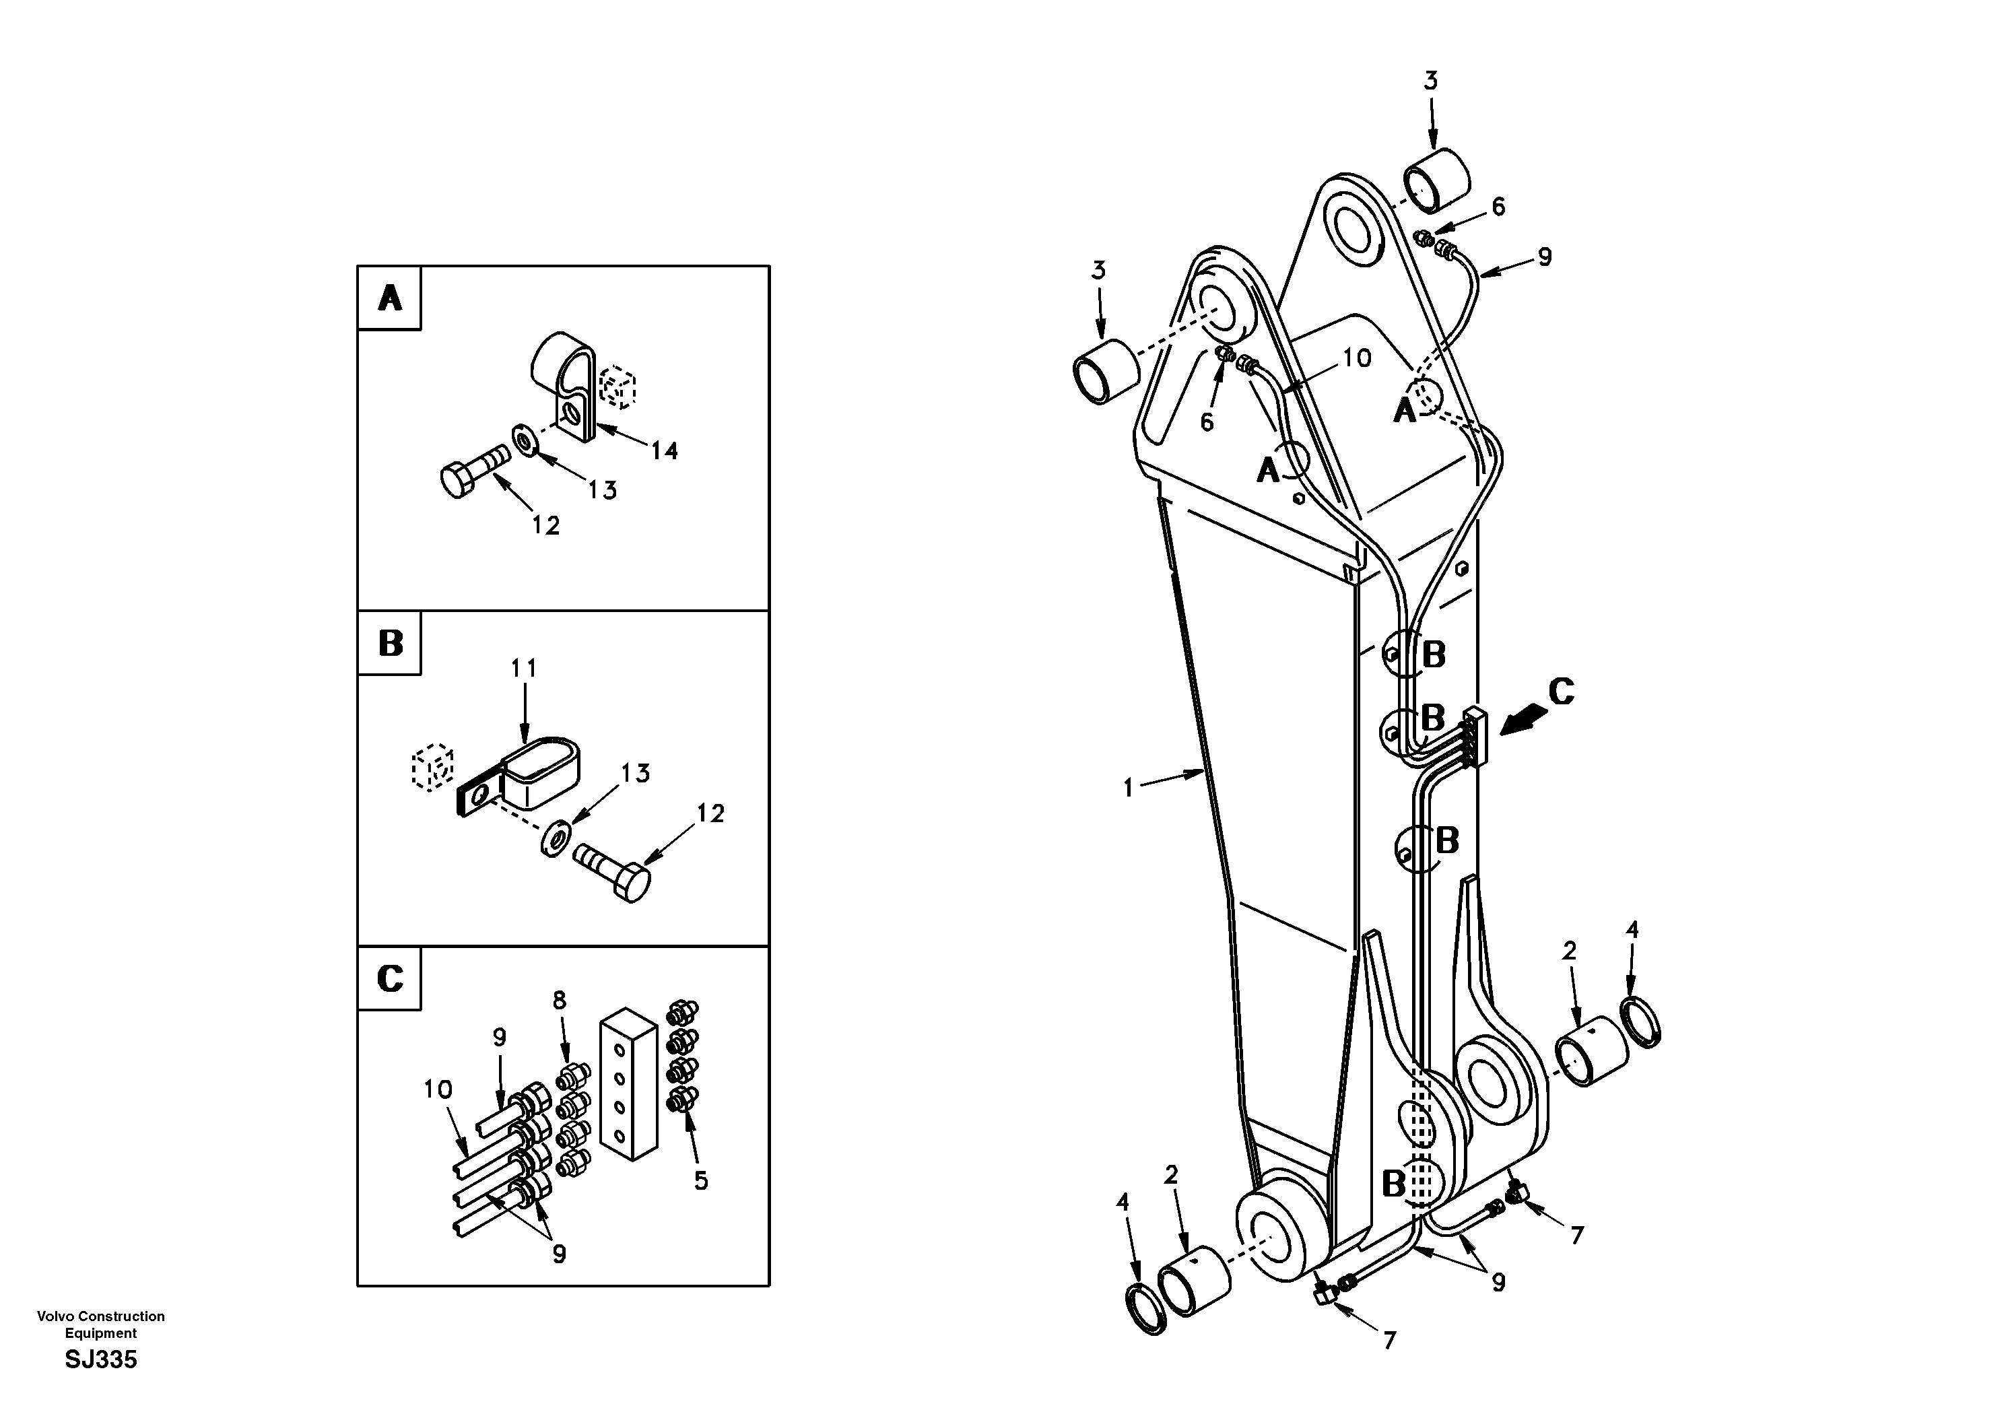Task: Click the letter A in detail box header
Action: [389, 298]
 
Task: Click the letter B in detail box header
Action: [389, 643]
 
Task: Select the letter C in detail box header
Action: [389, 978]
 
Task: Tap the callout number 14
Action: [663, 450]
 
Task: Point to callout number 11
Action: [524, 669]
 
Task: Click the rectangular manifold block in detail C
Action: [628, 1085]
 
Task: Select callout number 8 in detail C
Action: [560, 1001]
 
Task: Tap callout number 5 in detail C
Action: [701, 1180]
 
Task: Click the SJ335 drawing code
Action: [101, 1360]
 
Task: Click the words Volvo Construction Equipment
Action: [101, 1324]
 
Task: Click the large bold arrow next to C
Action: [1523, 720]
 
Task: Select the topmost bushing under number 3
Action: [1436, 180]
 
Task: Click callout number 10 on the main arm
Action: [1356, 357]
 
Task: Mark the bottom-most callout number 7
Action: [1389, 1339]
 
